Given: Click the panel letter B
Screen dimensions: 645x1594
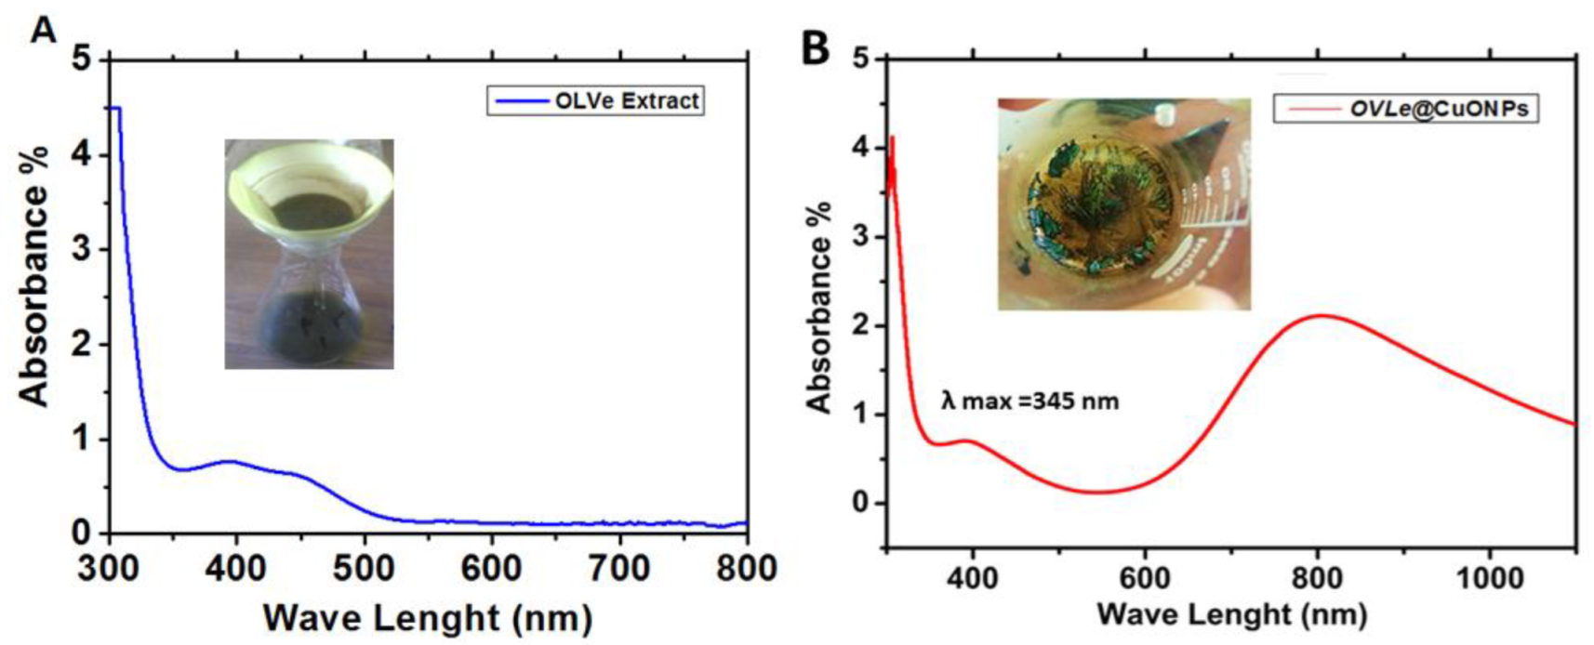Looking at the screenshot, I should pos(815,47).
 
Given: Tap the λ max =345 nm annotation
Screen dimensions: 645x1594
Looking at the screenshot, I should pos(1029,401).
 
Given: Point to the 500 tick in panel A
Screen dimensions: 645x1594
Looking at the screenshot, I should pos(365,567).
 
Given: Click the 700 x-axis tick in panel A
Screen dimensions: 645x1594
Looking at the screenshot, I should pos(620,567).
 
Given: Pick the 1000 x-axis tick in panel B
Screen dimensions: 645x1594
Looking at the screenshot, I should pos(1490,578).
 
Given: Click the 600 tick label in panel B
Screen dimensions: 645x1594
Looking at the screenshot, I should pos(1144,578).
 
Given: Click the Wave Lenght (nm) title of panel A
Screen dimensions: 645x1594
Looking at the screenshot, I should pos(427,618).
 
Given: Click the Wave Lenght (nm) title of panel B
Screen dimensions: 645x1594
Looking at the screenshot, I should pos(1231,614).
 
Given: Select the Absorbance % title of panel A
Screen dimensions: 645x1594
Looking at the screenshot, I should pos(35,275).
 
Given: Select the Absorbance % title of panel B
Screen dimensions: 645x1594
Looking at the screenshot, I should pos(818,307).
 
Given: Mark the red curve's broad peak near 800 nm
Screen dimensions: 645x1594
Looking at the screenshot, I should pos(1319,316).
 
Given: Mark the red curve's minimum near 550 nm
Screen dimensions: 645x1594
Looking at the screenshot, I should pos(1097,492).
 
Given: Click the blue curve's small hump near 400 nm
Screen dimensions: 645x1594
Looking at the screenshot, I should pos(232,461).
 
